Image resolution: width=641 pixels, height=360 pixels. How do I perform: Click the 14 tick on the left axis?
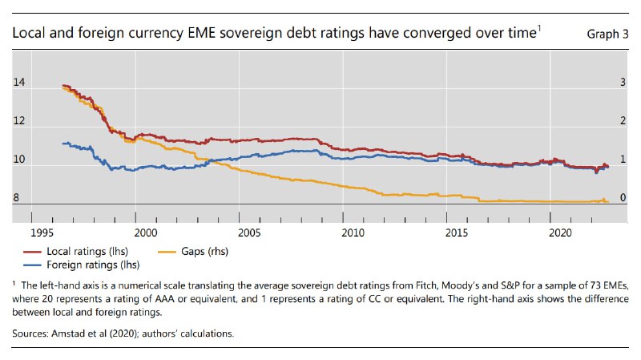coord(20,83)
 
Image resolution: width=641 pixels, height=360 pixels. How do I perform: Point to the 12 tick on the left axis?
coord(20,122)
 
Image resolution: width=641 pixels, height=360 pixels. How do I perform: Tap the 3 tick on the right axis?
coord(623,83)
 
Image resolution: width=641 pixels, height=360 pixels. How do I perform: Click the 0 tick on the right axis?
coord(623,199)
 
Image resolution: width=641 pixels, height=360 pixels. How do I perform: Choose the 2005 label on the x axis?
coord(249,232)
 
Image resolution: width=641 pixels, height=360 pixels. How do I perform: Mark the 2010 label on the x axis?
coord(353,232)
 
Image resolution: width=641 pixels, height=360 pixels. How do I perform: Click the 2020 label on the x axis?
coord(562,232)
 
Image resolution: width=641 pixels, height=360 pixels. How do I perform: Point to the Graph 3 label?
coord(608,34)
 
